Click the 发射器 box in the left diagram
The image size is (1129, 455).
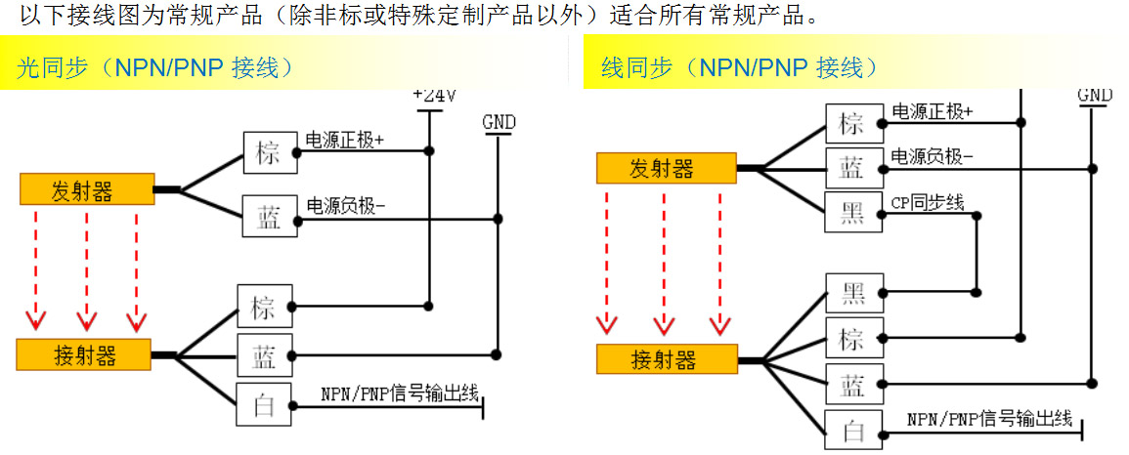click(87, 189)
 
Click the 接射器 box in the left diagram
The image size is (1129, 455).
click(84, 354)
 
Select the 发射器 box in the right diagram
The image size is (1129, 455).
click(666, 168)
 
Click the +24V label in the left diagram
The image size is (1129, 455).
click(434, 96)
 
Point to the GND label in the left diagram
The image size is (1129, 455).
click(499, 122)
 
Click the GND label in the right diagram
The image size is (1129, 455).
click(1095, 95)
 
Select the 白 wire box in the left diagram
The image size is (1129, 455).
click(265, 406)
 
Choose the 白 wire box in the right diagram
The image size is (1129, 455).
click(852, 430)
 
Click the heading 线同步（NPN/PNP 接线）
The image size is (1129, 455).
click(739, 67)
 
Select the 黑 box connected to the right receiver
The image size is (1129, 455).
click(852, 292)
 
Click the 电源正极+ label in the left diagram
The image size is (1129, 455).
click(345, 140)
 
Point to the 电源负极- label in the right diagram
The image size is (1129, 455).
click(932, 157)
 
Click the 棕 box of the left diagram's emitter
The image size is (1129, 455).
click(269, 151)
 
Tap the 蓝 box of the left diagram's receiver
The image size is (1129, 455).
click(265, 354)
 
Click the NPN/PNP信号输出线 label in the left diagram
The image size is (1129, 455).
click(399, 394)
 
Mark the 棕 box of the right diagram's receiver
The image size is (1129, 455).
click(852, 338)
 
